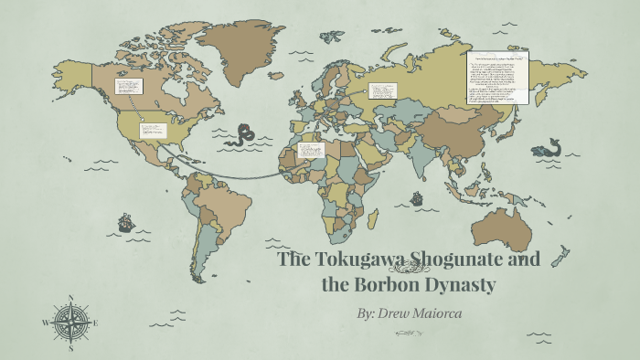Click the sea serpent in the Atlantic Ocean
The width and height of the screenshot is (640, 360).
[x=241, y=135]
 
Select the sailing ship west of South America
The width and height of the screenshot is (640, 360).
[x=125, y=222]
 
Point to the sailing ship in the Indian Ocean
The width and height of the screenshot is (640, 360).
[x=417, y=197]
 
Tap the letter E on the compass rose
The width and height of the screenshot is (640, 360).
[x=95, y=323]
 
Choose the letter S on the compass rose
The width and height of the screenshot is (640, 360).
[x=70, y=347]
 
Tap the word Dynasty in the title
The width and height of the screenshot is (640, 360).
[x=462, y=285]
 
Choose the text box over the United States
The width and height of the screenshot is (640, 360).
[x=151, y=130]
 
